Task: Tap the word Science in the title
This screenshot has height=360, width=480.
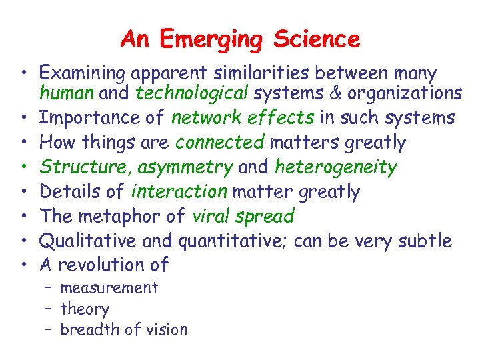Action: (x=317, y=39)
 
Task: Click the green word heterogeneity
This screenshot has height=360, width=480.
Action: (x=335, y=167)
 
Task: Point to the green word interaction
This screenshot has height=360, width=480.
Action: (x=179, y=192)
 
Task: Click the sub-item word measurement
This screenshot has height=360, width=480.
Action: (x=109, y=288)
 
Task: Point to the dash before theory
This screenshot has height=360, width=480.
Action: (x=50, y=309)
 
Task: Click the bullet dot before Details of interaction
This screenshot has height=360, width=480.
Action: (x=24, y=192)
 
